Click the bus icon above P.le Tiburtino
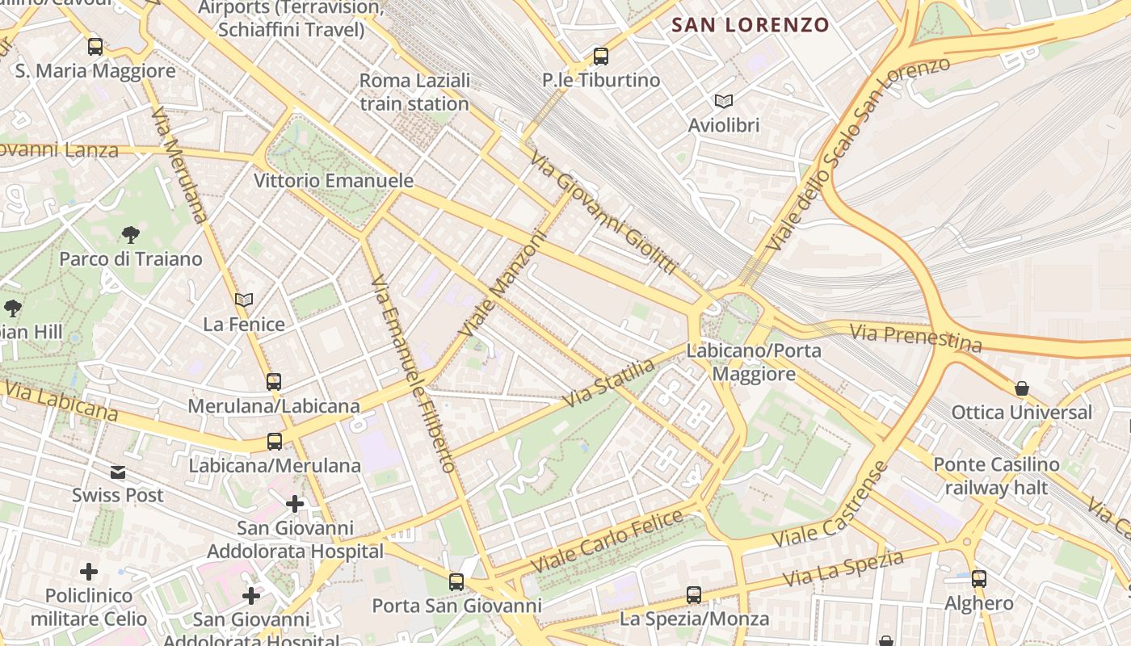pyautogui.click(x=600, y=56)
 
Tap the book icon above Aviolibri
pyautogui.click(x=724, y=101)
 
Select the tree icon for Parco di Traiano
pyautogui.click(x=130, y=235)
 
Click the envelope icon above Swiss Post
pyautogui.click(x=118, y=472)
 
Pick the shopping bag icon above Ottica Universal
pyautogui.click(x=1022, y=388)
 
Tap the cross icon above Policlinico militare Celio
pyautogui.click(x=89, y=572)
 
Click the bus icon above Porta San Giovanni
pyautogui.click(x=456, y=581)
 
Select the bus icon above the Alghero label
pyautogui.click(x=979, y=578)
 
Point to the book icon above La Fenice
pyautogui.click(x=244, y=300)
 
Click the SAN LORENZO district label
pyautogui.click(x=750, y=25)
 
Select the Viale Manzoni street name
pyautogui.click(x=502, y=285)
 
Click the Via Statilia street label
pyautogui.click(x=609, y=383)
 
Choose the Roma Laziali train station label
pyautogui.click(x=414, y=92)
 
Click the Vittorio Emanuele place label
pyautogui.click(x=334, y=180)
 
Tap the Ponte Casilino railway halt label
pyautogui.click(x=996, y=476)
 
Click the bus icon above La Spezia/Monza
pyautogui.click(x=694, y=595)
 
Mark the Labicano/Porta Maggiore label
pyautogui.click(x=754, y=363)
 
